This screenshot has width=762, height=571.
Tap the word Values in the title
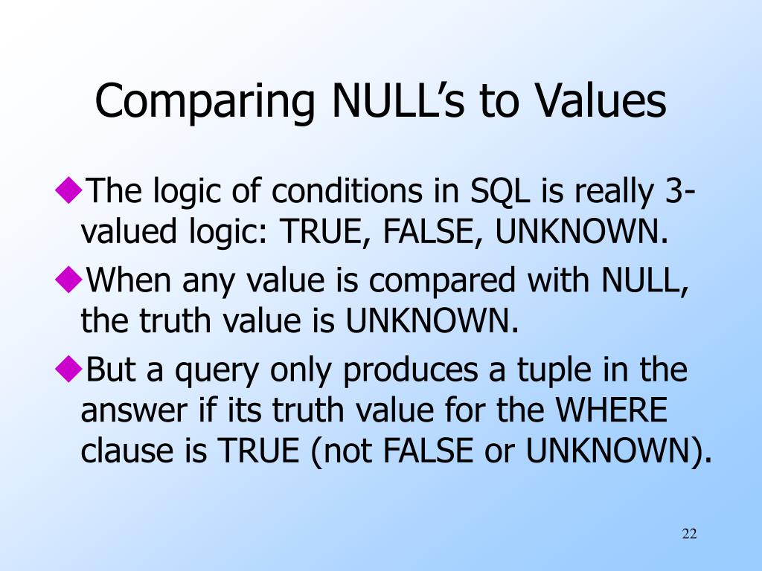click(601, 102)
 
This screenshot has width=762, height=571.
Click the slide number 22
click(689, 534)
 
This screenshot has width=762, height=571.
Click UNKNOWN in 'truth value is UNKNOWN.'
click(431, 321)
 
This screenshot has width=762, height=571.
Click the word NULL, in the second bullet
click(644, 281)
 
